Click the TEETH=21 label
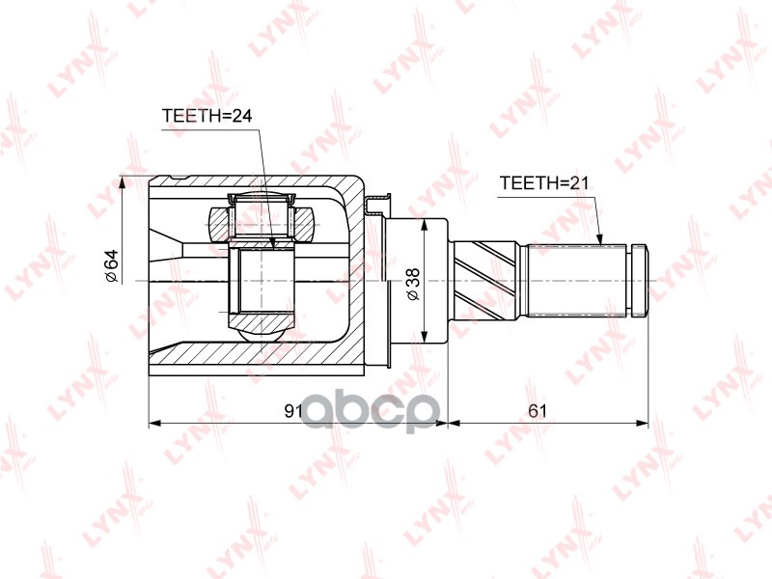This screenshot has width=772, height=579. [x=538, y=182]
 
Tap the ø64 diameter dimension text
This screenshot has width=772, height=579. [x=111, y=266]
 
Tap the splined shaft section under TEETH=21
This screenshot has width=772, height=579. [x=579, y=281]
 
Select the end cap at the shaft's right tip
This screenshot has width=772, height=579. [x=638, y=281]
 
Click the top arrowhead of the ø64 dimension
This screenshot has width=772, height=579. [x=122, y=182]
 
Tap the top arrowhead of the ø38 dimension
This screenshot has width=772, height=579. [x=424, y=225]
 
